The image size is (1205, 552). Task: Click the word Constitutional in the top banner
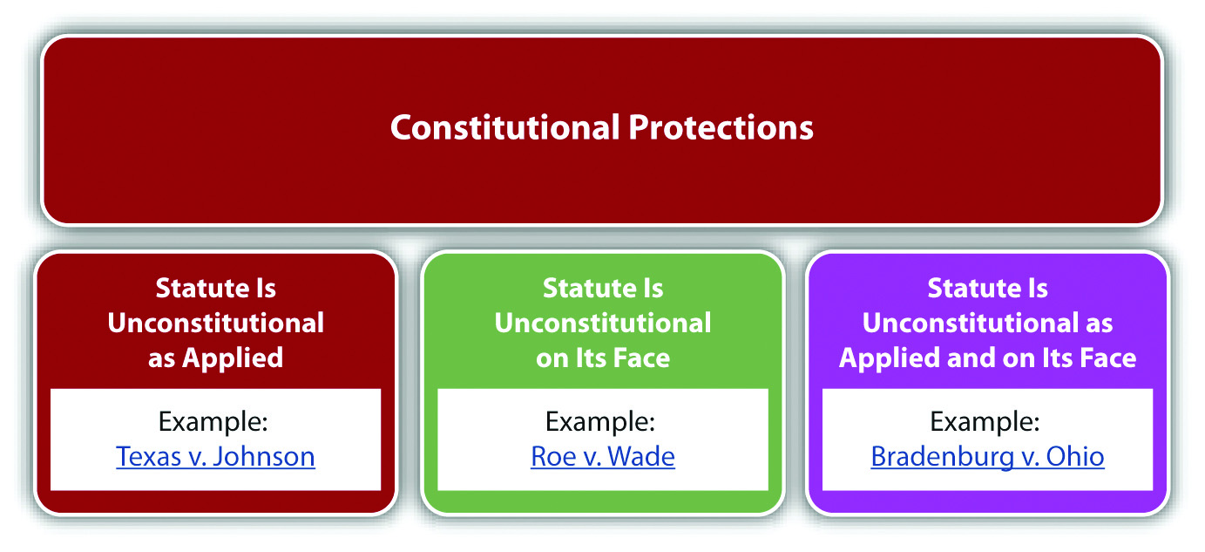point(505,127)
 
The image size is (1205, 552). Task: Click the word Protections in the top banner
point(721,127)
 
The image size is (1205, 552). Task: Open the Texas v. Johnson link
point(215,457)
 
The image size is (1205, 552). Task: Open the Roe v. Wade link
point(603,457)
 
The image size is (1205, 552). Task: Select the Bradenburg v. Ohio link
point(987,457)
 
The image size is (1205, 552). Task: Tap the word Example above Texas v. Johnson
point(210,421)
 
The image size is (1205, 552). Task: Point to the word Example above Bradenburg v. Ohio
point(982,421)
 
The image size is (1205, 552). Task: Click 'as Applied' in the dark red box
point(215,358)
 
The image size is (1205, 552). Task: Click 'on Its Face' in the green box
point(603,358)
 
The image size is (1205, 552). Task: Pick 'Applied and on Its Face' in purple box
point(987,358)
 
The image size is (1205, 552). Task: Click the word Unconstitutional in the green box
point(603,324)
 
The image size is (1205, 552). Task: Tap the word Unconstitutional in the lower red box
point(215,324)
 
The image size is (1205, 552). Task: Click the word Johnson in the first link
point(264,457)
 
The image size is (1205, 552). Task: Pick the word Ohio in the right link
point(1075,457)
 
